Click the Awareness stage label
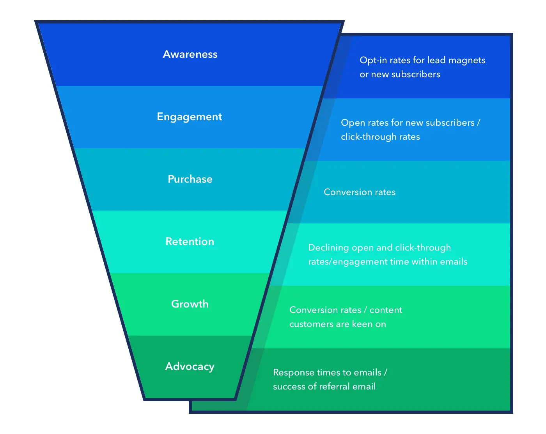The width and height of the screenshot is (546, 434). (x=190, y=54)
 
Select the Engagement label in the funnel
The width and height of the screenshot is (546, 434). (x=190, y=117)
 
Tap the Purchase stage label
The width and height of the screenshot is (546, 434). (x=190, y=179)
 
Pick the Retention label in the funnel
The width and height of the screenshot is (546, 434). (x=190, y=242)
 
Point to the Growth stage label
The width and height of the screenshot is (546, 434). (x=190, y=304)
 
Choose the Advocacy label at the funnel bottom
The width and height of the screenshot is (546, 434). (x=190, y=366)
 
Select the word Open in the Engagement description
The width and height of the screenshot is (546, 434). (x=353, y=123)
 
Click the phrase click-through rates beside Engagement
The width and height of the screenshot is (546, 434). (x=380, y=137)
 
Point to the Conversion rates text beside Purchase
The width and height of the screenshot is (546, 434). (x=360, y=192)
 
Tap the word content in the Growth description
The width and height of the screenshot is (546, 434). (x=386, y=310)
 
